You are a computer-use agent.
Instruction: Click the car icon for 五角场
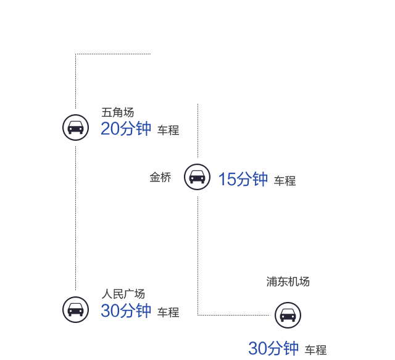75,127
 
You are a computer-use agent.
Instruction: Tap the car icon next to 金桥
197,177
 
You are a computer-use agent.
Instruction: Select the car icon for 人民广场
75,309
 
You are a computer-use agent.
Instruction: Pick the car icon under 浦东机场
288,315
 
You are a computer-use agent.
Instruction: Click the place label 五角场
117,113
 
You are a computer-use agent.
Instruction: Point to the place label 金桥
160,177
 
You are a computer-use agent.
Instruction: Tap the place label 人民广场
123,294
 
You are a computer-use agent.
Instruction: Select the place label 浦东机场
288,282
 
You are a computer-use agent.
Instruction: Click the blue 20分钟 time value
126,129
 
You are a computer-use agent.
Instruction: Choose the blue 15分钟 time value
243,180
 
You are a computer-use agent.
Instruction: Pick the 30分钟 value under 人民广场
126,311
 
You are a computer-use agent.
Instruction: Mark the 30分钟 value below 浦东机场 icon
273,349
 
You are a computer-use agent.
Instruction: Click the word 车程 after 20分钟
168,131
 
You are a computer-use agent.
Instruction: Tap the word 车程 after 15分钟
285,181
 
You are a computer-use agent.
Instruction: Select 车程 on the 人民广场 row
168,312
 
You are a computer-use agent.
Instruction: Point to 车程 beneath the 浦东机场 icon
315,350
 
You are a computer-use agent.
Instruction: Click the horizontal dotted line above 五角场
113,54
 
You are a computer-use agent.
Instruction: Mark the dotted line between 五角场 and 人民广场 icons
75,216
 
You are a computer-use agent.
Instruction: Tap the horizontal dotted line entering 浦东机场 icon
233,315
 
